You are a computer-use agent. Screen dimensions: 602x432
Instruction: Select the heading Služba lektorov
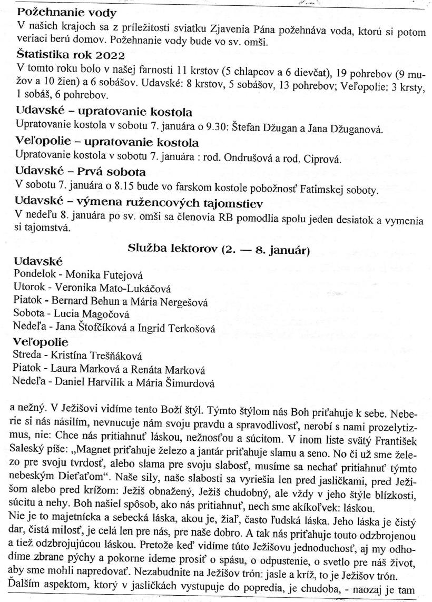coord(219,251)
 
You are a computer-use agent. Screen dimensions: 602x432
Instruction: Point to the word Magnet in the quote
coord(112,448)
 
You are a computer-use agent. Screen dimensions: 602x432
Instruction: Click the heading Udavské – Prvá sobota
coord(81,173)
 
